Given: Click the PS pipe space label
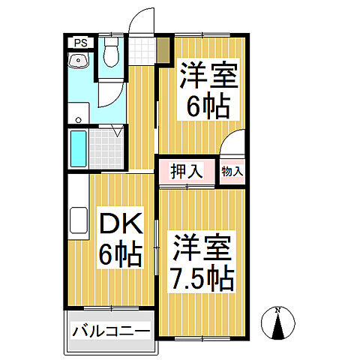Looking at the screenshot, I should [80, 43].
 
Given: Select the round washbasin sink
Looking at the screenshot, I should [76, 62].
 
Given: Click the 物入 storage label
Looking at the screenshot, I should [232, 172].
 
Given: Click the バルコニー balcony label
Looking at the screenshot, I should [111, 331].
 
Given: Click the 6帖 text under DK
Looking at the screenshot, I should [120, 255].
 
